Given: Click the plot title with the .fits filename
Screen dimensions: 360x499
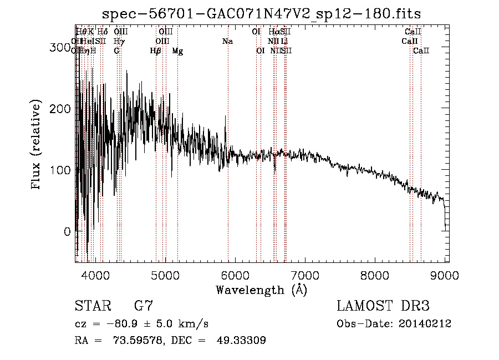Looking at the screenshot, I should point(262,13).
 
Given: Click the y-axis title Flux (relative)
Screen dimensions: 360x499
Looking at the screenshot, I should point(37,145).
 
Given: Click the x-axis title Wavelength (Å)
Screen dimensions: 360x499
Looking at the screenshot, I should point(261,289).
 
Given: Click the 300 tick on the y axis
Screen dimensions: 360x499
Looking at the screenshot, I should point(59,48).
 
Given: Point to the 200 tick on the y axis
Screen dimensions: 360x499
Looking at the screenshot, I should point(59,109).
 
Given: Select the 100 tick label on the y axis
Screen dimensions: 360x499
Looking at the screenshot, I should point(59,170).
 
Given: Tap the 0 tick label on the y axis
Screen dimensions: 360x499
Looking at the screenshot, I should point(68,231).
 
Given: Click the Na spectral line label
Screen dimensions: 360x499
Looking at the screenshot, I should point(227,41).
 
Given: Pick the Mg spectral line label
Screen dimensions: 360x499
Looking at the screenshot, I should point(177,50).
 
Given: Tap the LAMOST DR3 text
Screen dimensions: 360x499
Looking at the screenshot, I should point(383,306).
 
